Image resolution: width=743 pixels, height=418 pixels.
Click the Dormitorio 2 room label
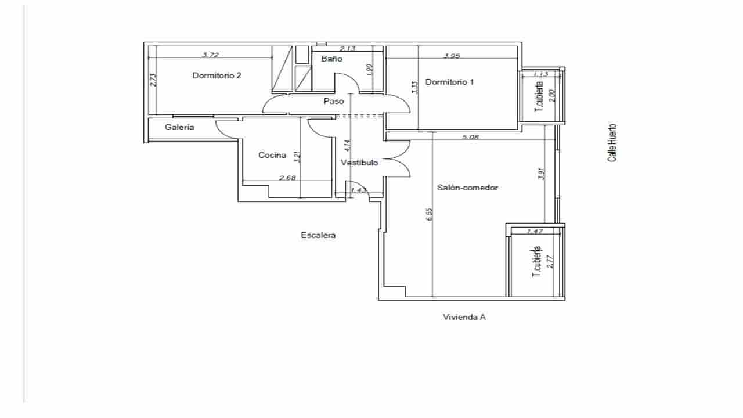[217, 75]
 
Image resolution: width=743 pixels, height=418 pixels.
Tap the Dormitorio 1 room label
[449, 82]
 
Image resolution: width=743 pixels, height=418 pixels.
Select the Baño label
[332, 59]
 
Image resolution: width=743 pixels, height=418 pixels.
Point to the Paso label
[334, 101]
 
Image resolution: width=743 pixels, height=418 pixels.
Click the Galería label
[179, 127]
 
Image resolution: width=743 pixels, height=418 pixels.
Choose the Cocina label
[272, 155]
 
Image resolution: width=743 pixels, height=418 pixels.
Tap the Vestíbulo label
[359, 163]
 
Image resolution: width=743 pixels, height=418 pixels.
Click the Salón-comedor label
[467, 188]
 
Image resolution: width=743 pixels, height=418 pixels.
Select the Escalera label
[318, 235]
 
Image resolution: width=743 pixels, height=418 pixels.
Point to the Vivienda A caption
[464, 317]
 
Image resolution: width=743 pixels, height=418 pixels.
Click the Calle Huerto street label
[612, 143]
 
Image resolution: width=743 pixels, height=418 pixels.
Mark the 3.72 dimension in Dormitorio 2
[211, 55]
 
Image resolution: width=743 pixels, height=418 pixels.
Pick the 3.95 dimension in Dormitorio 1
[452, 56]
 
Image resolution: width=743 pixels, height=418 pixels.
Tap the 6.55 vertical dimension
[429, 214]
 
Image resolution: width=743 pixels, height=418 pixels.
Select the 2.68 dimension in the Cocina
[288, 178]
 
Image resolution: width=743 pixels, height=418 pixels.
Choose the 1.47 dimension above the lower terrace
[534, 231]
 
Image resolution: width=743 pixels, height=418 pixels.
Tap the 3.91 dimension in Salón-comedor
[540, 174]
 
